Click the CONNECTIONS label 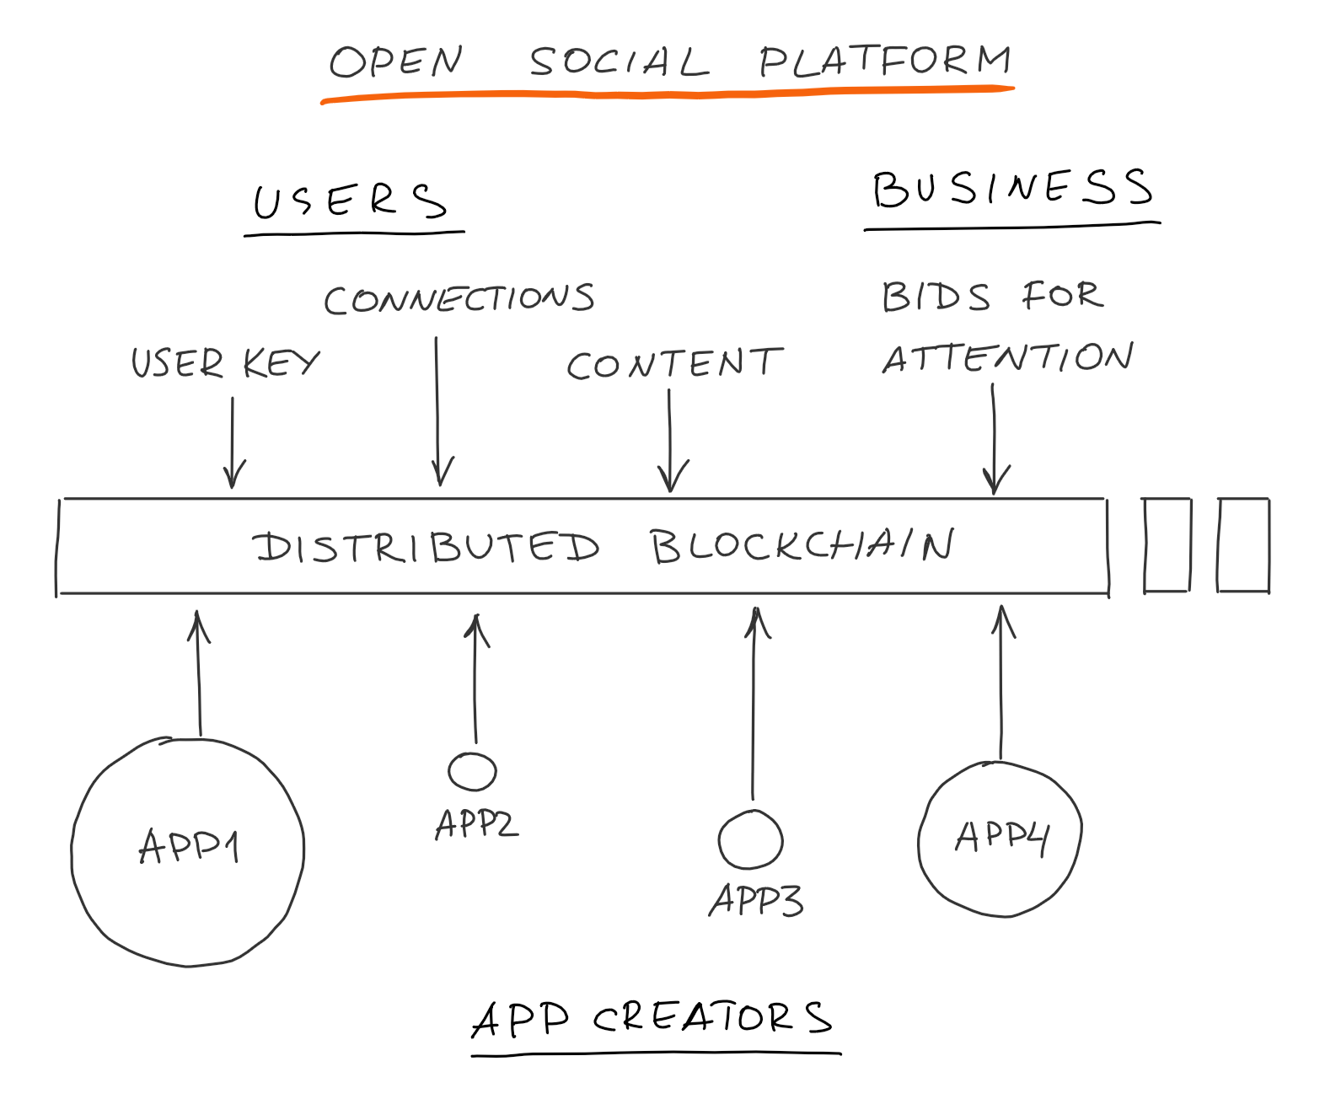click(459, 299)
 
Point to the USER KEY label click(225, 363)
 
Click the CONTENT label click(674, 364)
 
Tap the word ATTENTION click(1008, 358)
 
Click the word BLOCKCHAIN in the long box click(802, 545)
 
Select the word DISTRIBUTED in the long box click(426, 547)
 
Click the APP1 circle click(187, 851)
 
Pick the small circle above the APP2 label click(472, 771)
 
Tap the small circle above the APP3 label click(750, 839)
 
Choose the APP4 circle click(1000, 839)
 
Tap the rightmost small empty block click(1243, 545)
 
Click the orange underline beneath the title click(666, 94)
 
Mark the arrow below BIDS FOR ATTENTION click(995, 438)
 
